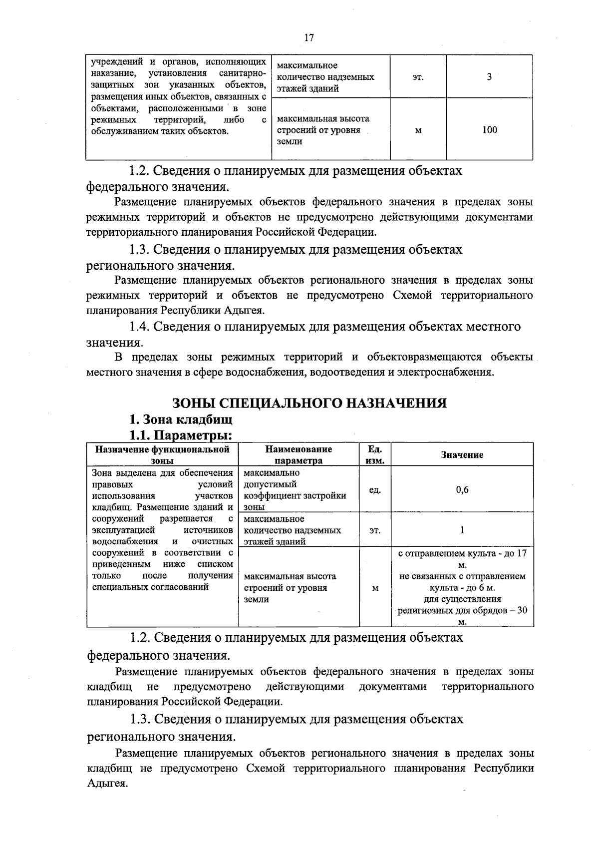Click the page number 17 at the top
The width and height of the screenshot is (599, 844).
pos(309,38)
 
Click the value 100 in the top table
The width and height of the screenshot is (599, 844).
pos(490,130)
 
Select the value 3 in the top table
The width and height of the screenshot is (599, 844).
pos(489,77)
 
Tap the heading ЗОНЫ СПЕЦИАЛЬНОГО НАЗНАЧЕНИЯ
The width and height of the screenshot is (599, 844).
pos(309,403)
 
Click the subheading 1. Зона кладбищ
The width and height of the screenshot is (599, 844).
pos(181,419)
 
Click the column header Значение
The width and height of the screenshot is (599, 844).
pos(462,454)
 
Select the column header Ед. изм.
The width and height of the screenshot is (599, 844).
pos(375,454)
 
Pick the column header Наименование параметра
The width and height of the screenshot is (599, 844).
pos(299,454)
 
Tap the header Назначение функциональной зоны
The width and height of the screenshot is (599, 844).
pos(162,454)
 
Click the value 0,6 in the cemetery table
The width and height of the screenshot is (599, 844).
pos(462,490)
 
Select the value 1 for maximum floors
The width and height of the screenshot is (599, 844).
pos(462,530)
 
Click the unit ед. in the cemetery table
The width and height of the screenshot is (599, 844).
pos(375,490)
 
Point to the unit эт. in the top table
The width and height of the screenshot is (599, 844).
pos(418,77)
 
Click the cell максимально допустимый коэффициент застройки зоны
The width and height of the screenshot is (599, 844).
pos(295,490)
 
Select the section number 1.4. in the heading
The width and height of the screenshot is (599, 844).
pos(139,327)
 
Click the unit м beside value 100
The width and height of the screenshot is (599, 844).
pos(418,130)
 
